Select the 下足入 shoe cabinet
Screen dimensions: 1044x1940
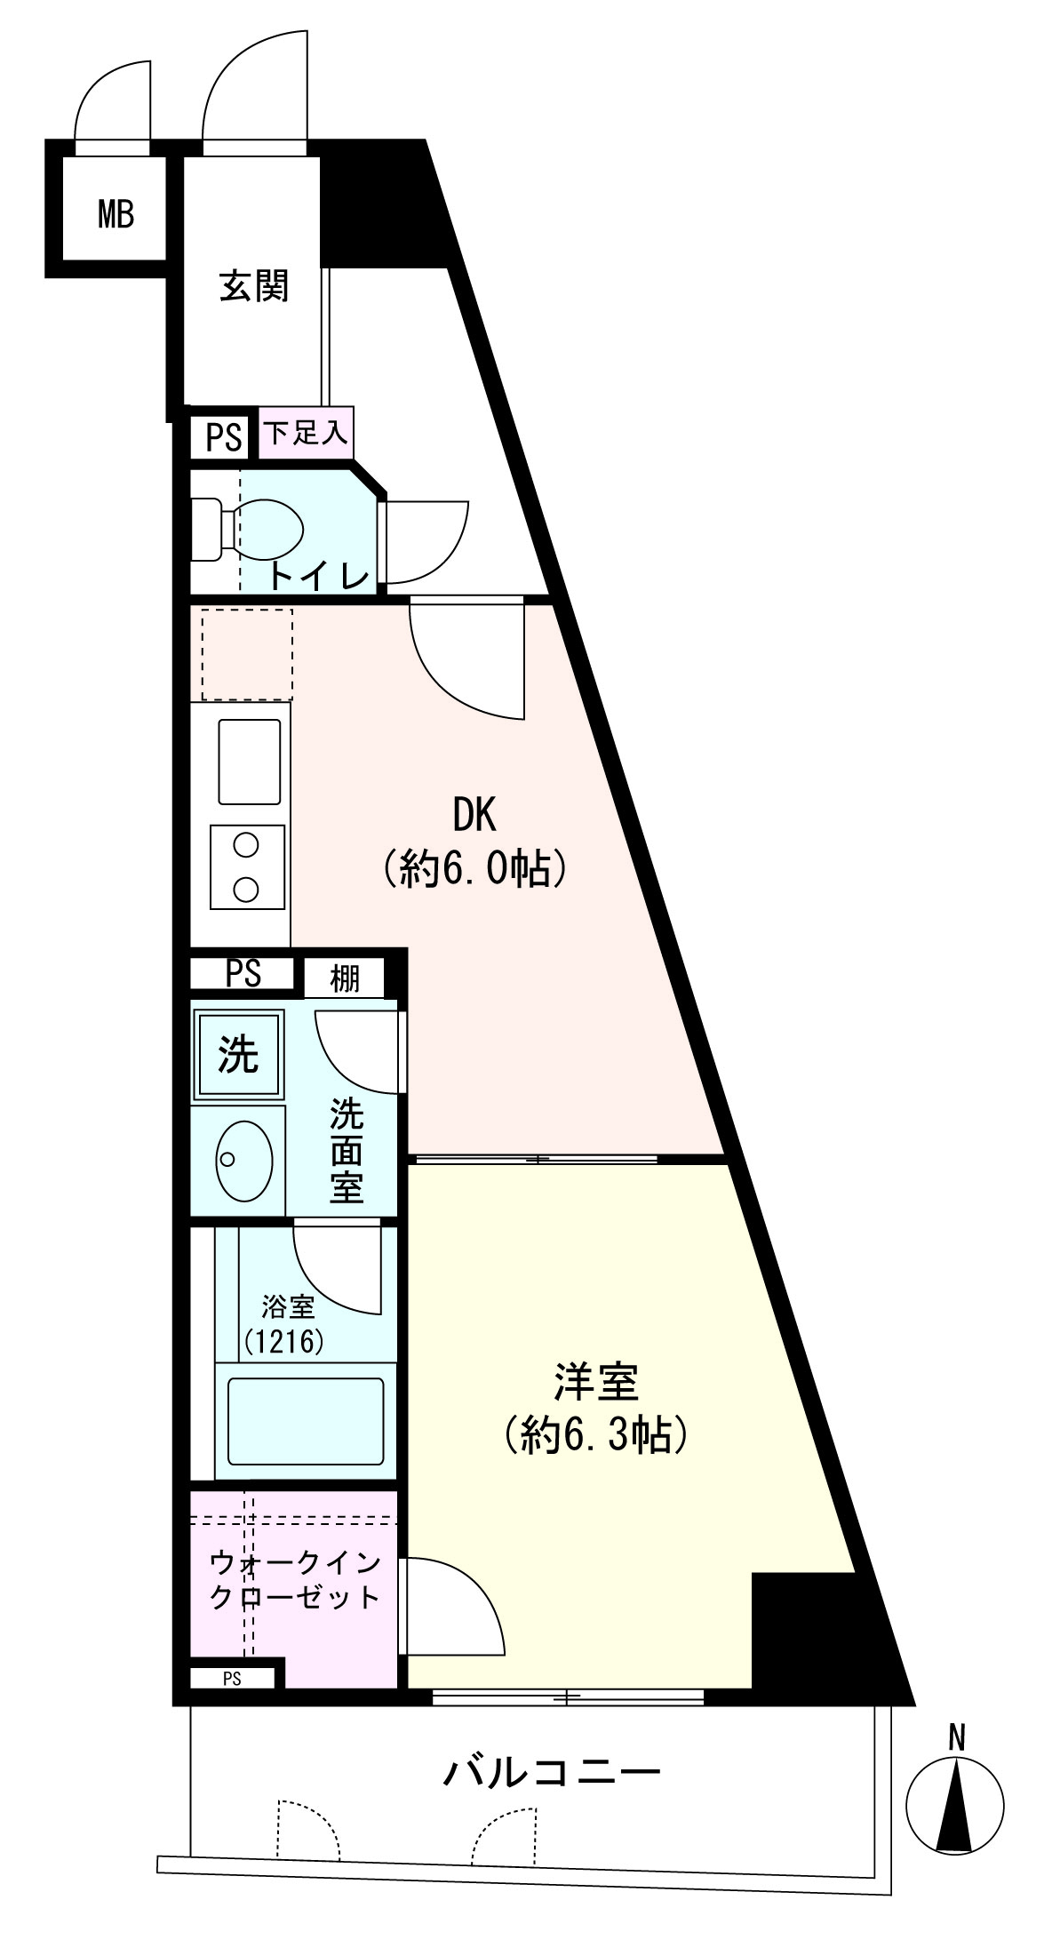tap(307, 434)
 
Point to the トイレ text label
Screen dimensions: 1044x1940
tap(319, 578)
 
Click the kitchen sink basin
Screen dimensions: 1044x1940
tap(250, 762)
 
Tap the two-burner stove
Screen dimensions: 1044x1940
tap(248, 866)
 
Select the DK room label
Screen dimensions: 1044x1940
tap(474, 814)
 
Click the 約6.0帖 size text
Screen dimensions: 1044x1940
tap(474, 868)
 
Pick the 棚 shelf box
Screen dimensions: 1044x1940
tap(345, 978)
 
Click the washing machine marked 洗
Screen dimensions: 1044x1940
tap(238, 1055)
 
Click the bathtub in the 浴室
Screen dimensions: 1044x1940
tap(306, 1422)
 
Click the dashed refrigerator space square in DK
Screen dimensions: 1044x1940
tap(247, 654)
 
